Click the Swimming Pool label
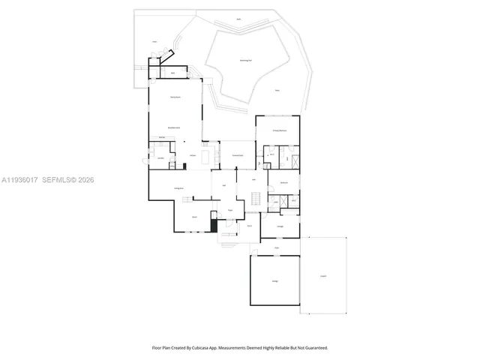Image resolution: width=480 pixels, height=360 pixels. click(245, 60)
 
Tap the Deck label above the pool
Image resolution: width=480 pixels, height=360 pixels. click(239, 19)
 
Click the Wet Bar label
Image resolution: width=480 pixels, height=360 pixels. click(162, 137)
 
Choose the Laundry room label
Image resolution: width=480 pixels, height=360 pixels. click(160, 158)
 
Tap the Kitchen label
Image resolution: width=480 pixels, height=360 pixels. click(193, 155)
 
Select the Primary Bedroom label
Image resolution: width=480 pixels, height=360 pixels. click(277, 130)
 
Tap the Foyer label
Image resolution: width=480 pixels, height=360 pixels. click(230, 211)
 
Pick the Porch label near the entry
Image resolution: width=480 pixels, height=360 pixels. click(249, 225)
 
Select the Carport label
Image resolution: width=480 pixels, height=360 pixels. click(323, 276)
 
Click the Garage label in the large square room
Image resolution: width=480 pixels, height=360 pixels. click(275, 280)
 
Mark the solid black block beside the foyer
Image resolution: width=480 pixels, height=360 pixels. click(214, 224)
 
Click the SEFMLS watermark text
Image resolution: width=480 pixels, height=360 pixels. click(68, 180)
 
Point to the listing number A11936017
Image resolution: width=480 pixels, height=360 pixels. click(19, 180)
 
